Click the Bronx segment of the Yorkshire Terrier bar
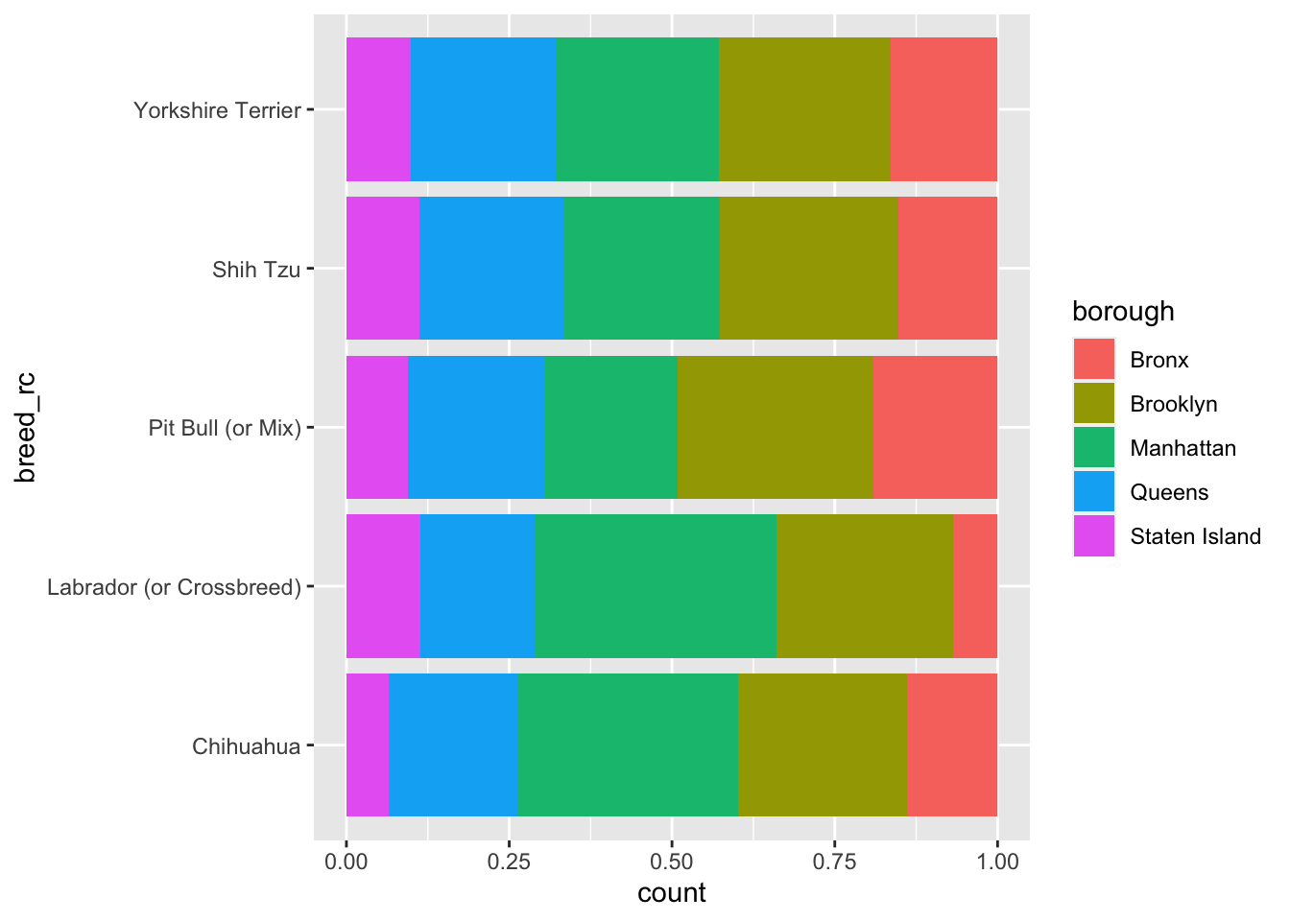click(944, 109)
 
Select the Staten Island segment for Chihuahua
click(368, 744)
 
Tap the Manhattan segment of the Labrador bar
click(656, 586)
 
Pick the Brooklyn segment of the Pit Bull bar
click(776, 427)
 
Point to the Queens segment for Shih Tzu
click(491, 269)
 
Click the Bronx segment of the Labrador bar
click(975, 586)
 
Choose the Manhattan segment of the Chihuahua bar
click(628, 744)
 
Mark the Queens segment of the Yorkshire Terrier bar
click(483, 109)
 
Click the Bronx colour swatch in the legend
click(1094, 360)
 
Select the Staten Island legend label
click(1195, 536)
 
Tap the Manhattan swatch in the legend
click(1094, 448)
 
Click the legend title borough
click(1123, 312)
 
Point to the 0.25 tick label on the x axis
click(509, 861)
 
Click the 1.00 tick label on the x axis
click(997, 861)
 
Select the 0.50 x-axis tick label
click(672, 861)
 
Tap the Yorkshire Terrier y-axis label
click(218, 110)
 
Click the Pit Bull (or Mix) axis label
click(225, 428)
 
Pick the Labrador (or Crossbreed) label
click(175, 587)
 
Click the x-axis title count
click(672, 894)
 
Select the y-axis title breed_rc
click(27, 428)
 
